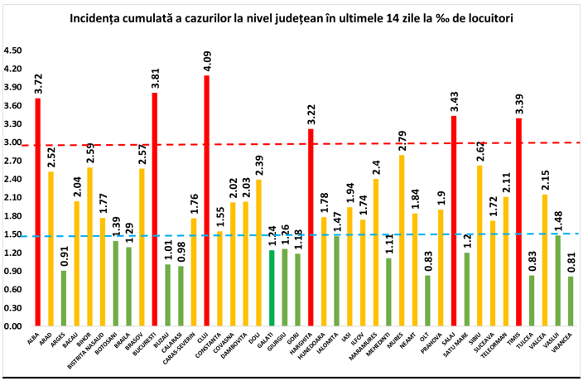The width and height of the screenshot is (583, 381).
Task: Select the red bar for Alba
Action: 38,212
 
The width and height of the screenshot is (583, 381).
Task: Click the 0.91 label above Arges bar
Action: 64,257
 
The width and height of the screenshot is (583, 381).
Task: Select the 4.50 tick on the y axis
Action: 12,51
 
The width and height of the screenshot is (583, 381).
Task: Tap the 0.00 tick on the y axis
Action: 12,326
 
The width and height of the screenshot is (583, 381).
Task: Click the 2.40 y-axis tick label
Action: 12,180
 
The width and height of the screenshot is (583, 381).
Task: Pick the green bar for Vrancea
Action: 571,301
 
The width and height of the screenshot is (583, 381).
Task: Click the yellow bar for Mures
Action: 402,240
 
